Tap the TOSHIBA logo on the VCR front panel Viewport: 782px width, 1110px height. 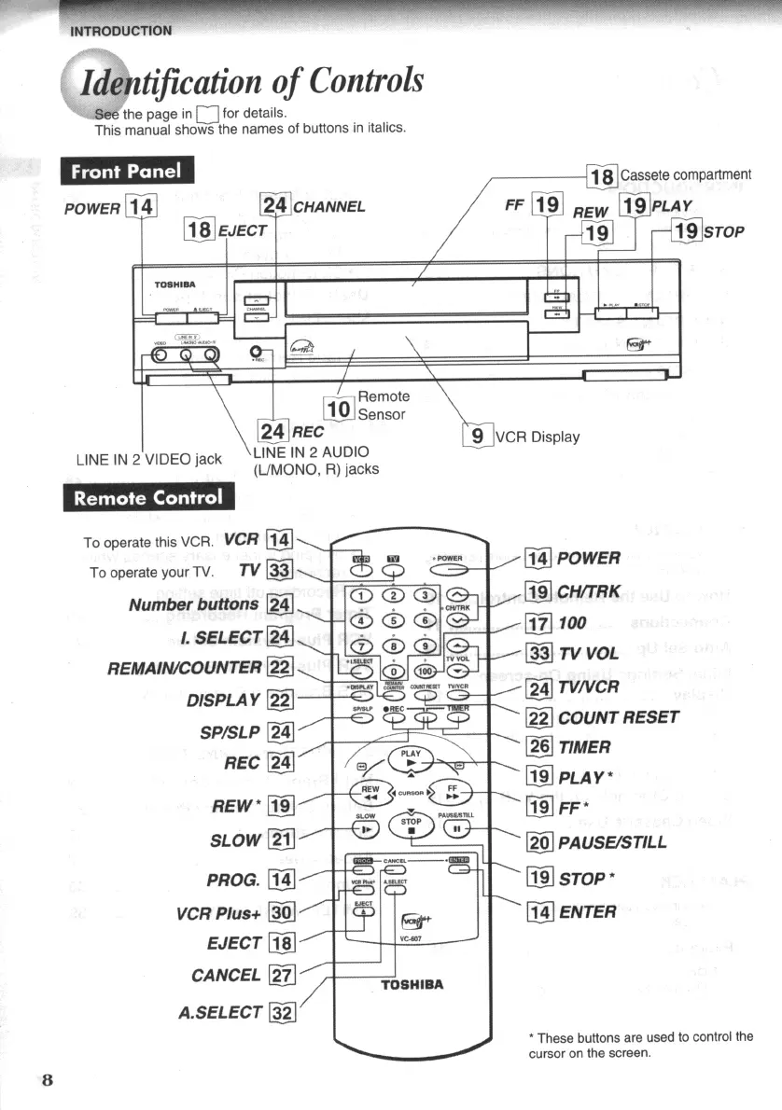pos(175,284)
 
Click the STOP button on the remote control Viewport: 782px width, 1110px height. pos(411,827)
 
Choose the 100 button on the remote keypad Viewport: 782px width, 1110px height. pos(426,670)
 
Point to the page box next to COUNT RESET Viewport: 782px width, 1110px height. pos(539,717)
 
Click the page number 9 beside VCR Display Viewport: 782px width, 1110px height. pos(477,436)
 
